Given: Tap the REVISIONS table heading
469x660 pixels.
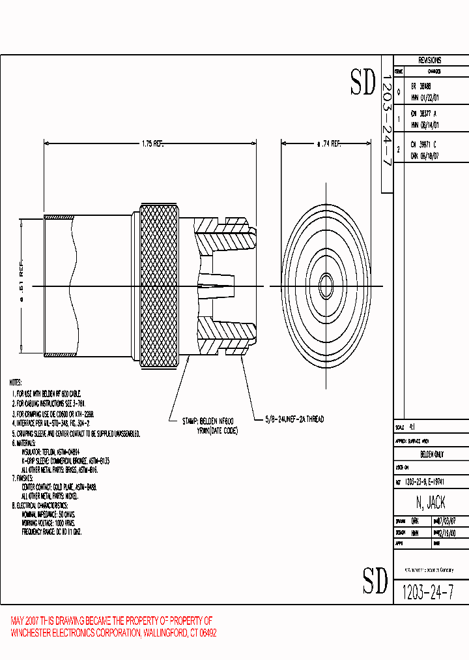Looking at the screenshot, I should click(x=430, y=60).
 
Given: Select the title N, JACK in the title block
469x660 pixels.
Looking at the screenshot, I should click(x=430, y=503).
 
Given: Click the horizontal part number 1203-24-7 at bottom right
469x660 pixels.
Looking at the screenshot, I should click(x=427, y=592).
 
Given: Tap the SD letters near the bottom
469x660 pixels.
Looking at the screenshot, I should click(x=375, y=580).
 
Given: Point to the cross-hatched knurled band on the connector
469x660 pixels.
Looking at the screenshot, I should click(x=161, y=286).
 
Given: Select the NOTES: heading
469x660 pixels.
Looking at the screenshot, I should click(x=16, y=383).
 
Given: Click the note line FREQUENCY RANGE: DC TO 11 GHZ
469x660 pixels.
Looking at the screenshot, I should click(x=51, y=532).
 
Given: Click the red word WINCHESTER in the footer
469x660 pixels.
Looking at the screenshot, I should click(x=33, y=633).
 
